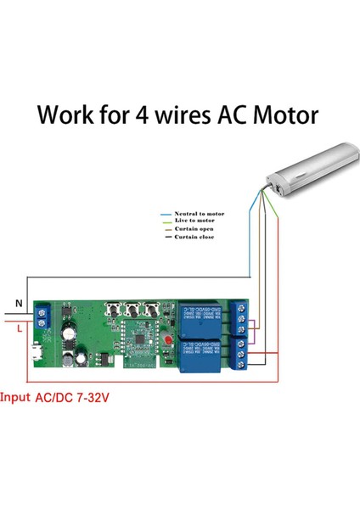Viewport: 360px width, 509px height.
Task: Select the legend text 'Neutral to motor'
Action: (x=200, y=214)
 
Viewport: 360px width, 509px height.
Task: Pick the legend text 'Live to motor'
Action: (x=194, y=221)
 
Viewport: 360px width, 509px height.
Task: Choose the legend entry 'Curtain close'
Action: (x=194, y=237)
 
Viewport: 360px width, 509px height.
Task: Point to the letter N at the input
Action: (x=19, y=303)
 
